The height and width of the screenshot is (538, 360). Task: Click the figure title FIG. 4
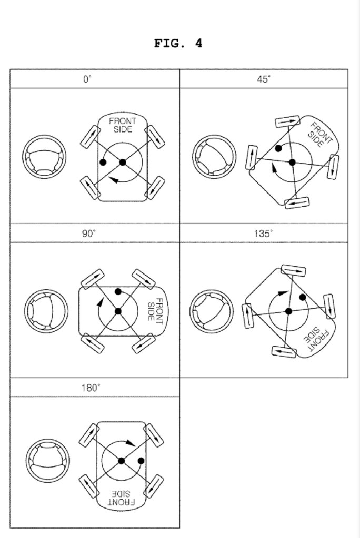coord(178,44)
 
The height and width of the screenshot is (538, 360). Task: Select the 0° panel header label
coord(87,79)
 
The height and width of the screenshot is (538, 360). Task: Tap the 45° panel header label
coord(263,79)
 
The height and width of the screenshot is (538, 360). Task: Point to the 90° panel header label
coord(88,234)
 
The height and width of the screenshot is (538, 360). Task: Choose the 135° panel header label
coord(263,234)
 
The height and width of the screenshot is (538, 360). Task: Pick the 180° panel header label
coord(90,388)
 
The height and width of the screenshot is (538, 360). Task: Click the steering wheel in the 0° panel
coord(44,156)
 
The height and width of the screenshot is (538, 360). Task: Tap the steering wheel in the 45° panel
coord(214,157)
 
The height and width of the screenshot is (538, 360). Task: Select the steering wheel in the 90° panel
coord(46,311)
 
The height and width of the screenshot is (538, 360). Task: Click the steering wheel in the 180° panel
coord(48,461)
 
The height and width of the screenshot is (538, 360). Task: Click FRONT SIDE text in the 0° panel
coord(122,125)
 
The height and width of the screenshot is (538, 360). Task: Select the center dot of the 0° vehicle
coord(123,163)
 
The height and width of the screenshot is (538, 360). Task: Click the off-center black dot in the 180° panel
coord(141,462)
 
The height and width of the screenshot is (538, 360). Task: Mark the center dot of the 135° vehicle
coord(288,311)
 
